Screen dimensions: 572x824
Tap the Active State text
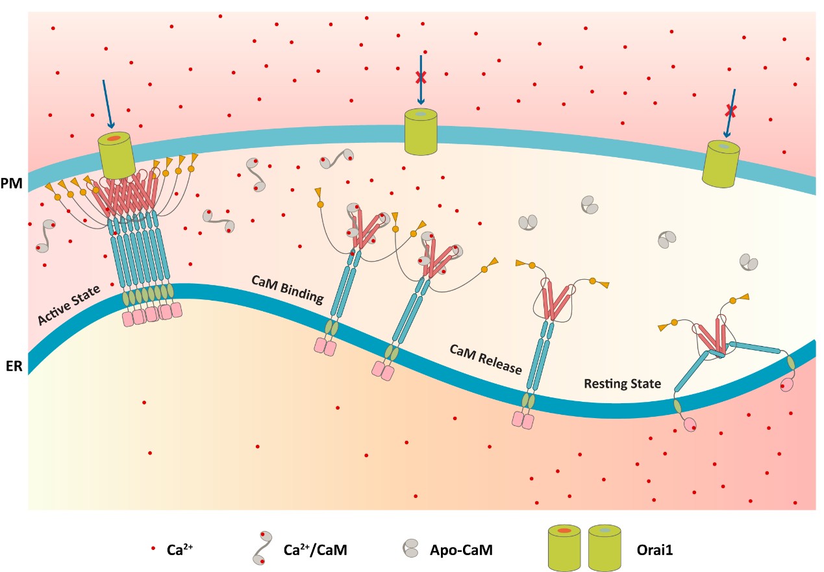pyautogui.click(x=69, y=306)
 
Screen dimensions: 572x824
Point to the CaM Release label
pyautogui.click(x=486, y=359)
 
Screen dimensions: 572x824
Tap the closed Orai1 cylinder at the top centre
pyautogui.click(x=421, y=131)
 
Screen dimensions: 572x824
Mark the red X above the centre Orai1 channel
pyautogui.click(x=421, y=78)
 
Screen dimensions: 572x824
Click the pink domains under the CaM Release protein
pyautogui.click(x=523, y=420)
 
